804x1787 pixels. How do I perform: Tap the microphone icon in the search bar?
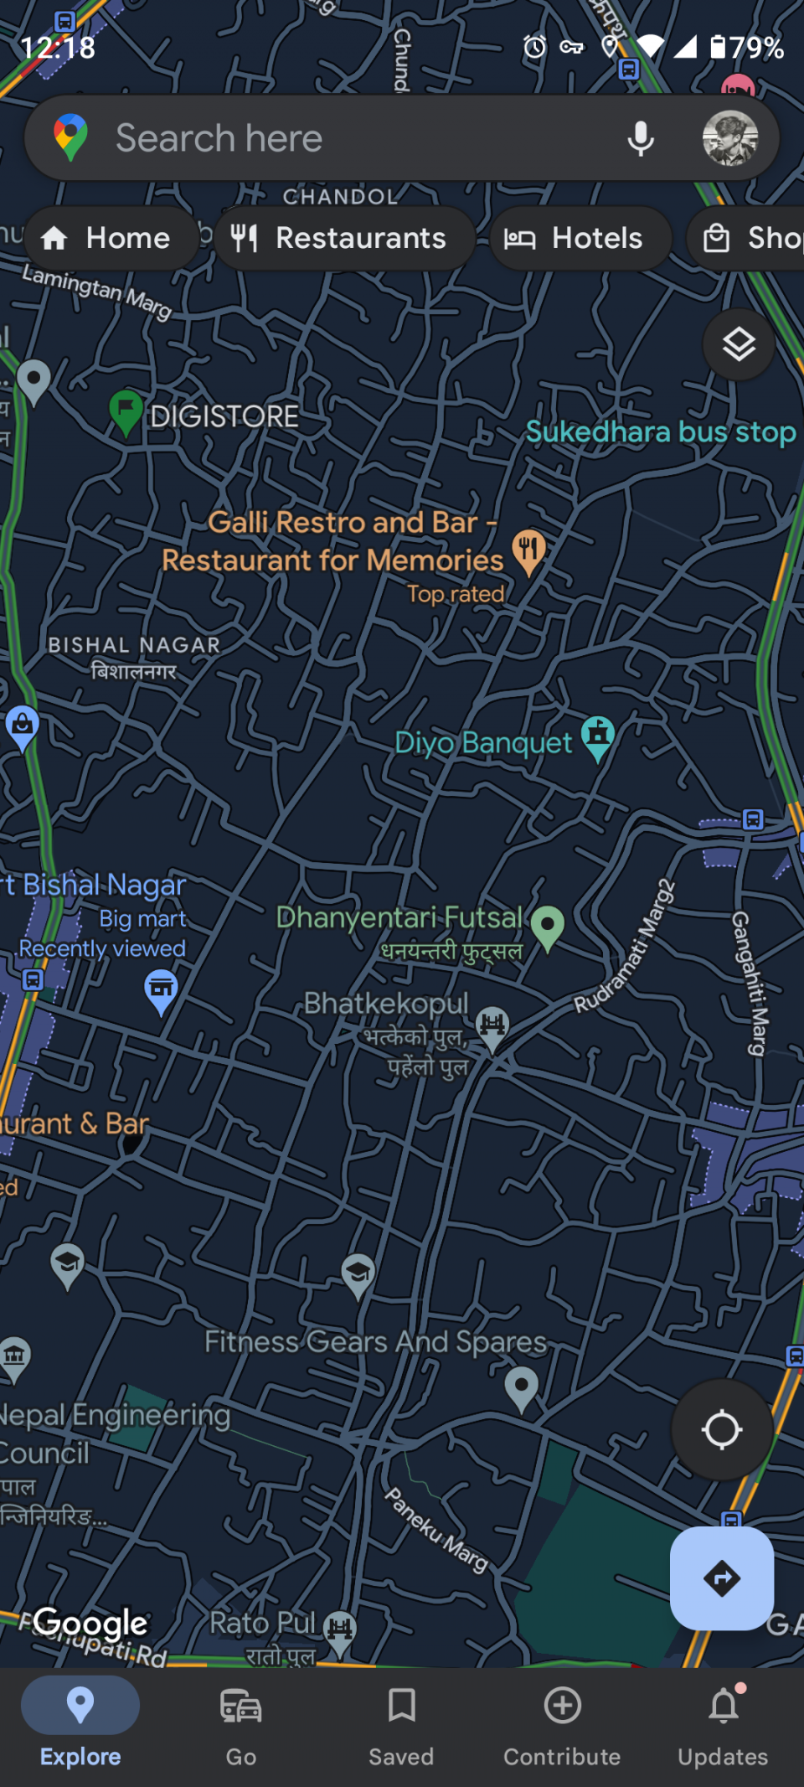641,138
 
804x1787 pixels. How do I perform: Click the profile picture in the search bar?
729,138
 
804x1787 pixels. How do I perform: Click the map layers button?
738,344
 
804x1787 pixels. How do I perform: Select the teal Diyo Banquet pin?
598,736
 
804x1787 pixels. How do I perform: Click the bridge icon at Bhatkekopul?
492,1025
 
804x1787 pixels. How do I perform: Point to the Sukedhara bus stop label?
660,432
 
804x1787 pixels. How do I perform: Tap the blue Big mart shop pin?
161,989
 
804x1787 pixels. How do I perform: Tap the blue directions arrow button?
721,1578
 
